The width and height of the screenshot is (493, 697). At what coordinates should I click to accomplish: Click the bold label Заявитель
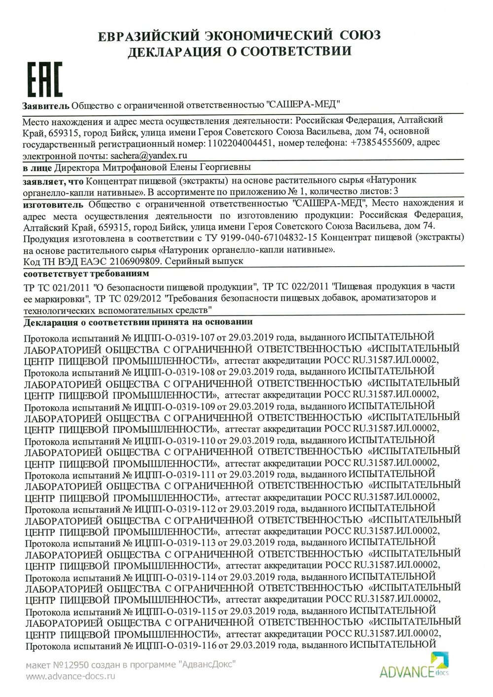[x=45, y=105]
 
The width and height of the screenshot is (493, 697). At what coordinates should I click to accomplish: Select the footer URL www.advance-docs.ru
[x=70, y=676]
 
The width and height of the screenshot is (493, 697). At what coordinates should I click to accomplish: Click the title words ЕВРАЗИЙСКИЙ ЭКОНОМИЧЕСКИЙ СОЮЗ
[x=240, y=36]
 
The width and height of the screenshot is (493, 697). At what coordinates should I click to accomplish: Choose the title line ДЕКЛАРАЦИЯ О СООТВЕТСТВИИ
[x=240, y=51]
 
